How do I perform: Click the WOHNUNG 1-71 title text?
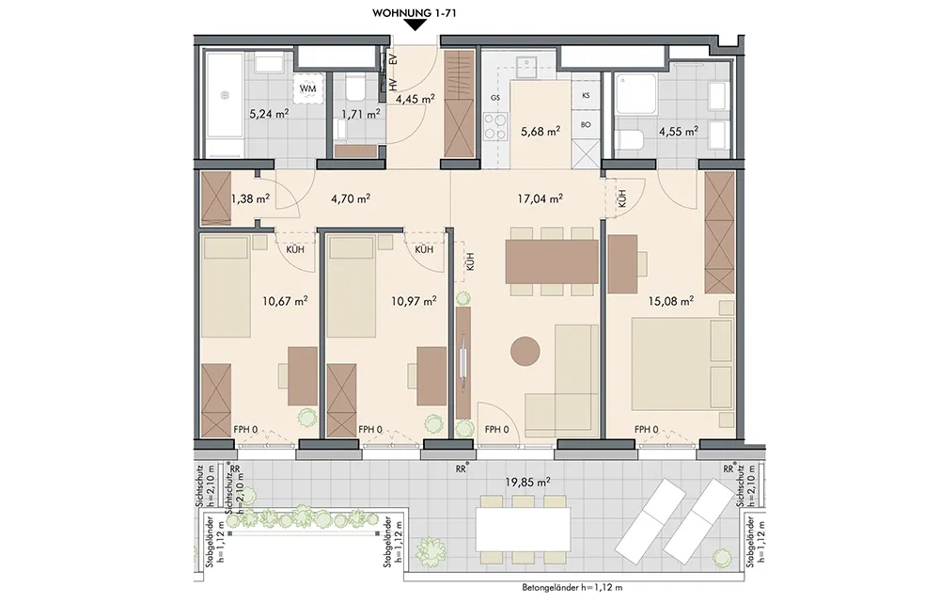415,12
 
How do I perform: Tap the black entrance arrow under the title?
415,25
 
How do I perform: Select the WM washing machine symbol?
307,88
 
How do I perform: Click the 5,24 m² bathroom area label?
268,113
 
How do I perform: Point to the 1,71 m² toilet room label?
360,114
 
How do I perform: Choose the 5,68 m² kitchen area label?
540,130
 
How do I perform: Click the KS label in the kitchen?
586,96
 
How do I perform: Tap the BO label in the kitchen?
586,125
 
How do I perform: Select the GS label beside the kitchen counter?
495,97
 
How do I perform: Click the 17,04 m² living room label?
540,198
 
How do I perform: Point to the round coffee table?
525,350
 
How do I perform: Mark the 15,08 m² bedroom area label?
671,300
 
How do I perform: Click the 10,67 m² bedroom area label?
285,300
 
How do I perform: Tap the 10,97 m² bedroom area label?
414,300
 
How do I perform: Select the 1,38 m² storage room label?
250,198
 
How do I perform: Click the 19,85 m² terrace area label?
528,482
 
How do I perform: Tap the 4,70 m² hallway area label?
350,198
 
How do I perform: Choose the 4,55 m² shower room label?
678,131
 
